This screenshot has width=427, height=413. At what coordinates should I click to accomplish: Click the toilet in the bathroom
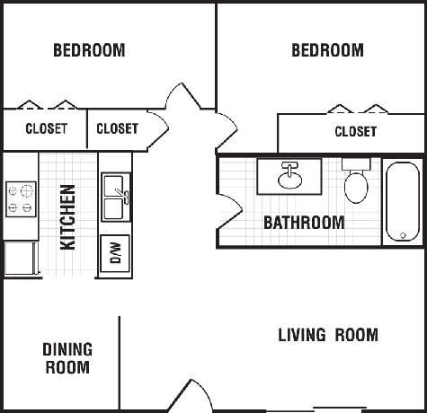(x=356, y=180)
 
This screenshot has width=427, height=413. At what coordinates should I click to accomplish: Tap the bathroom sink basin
(x=289, y=180)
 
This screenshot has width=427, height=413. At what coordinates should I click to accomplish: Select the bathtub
(x=403, y=202)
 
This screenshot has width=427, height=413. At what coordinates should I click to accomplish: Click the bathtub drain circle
(x=403, y=235)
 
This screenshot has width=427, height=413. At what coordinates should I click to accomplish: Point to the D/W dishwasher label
(x=116, y=253)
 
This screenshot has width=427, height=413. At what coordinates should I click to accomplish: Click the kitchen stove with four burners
(x=21, y=199)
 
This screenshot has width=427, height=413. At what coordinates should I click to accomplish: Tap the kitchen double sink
(x=116, y=197)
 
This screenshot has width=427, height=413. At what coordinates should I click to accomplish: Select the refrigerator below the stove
(x=22, y=258)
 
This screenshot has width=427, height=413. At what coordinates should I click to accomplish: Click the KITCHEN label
(x=67, y=217)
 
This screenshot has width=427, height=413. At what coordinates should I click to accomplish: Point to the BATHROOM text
(x=304, y=223)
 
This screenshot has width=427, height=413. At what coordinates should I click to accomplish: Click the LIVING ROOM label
(x=328, y=335)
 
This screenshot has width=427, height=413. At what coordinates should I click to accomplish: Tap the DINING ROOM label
(x=67, y=358)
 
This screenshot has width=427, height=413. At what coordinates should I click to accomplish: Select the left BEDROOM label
(x=89, y=50)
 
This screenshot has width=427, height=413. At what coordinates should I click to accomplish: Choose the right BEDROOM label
(x=327, y=50)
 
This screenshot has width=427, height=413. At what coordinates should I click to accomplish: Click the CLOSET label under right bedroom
(x=356, y=132)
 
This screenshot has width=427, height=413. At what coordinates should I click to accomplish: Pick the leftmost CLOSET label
(x=47, y=128)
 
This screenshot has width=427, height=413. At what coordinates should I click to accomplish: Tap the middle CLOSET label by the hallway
(x=117, y=128)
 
